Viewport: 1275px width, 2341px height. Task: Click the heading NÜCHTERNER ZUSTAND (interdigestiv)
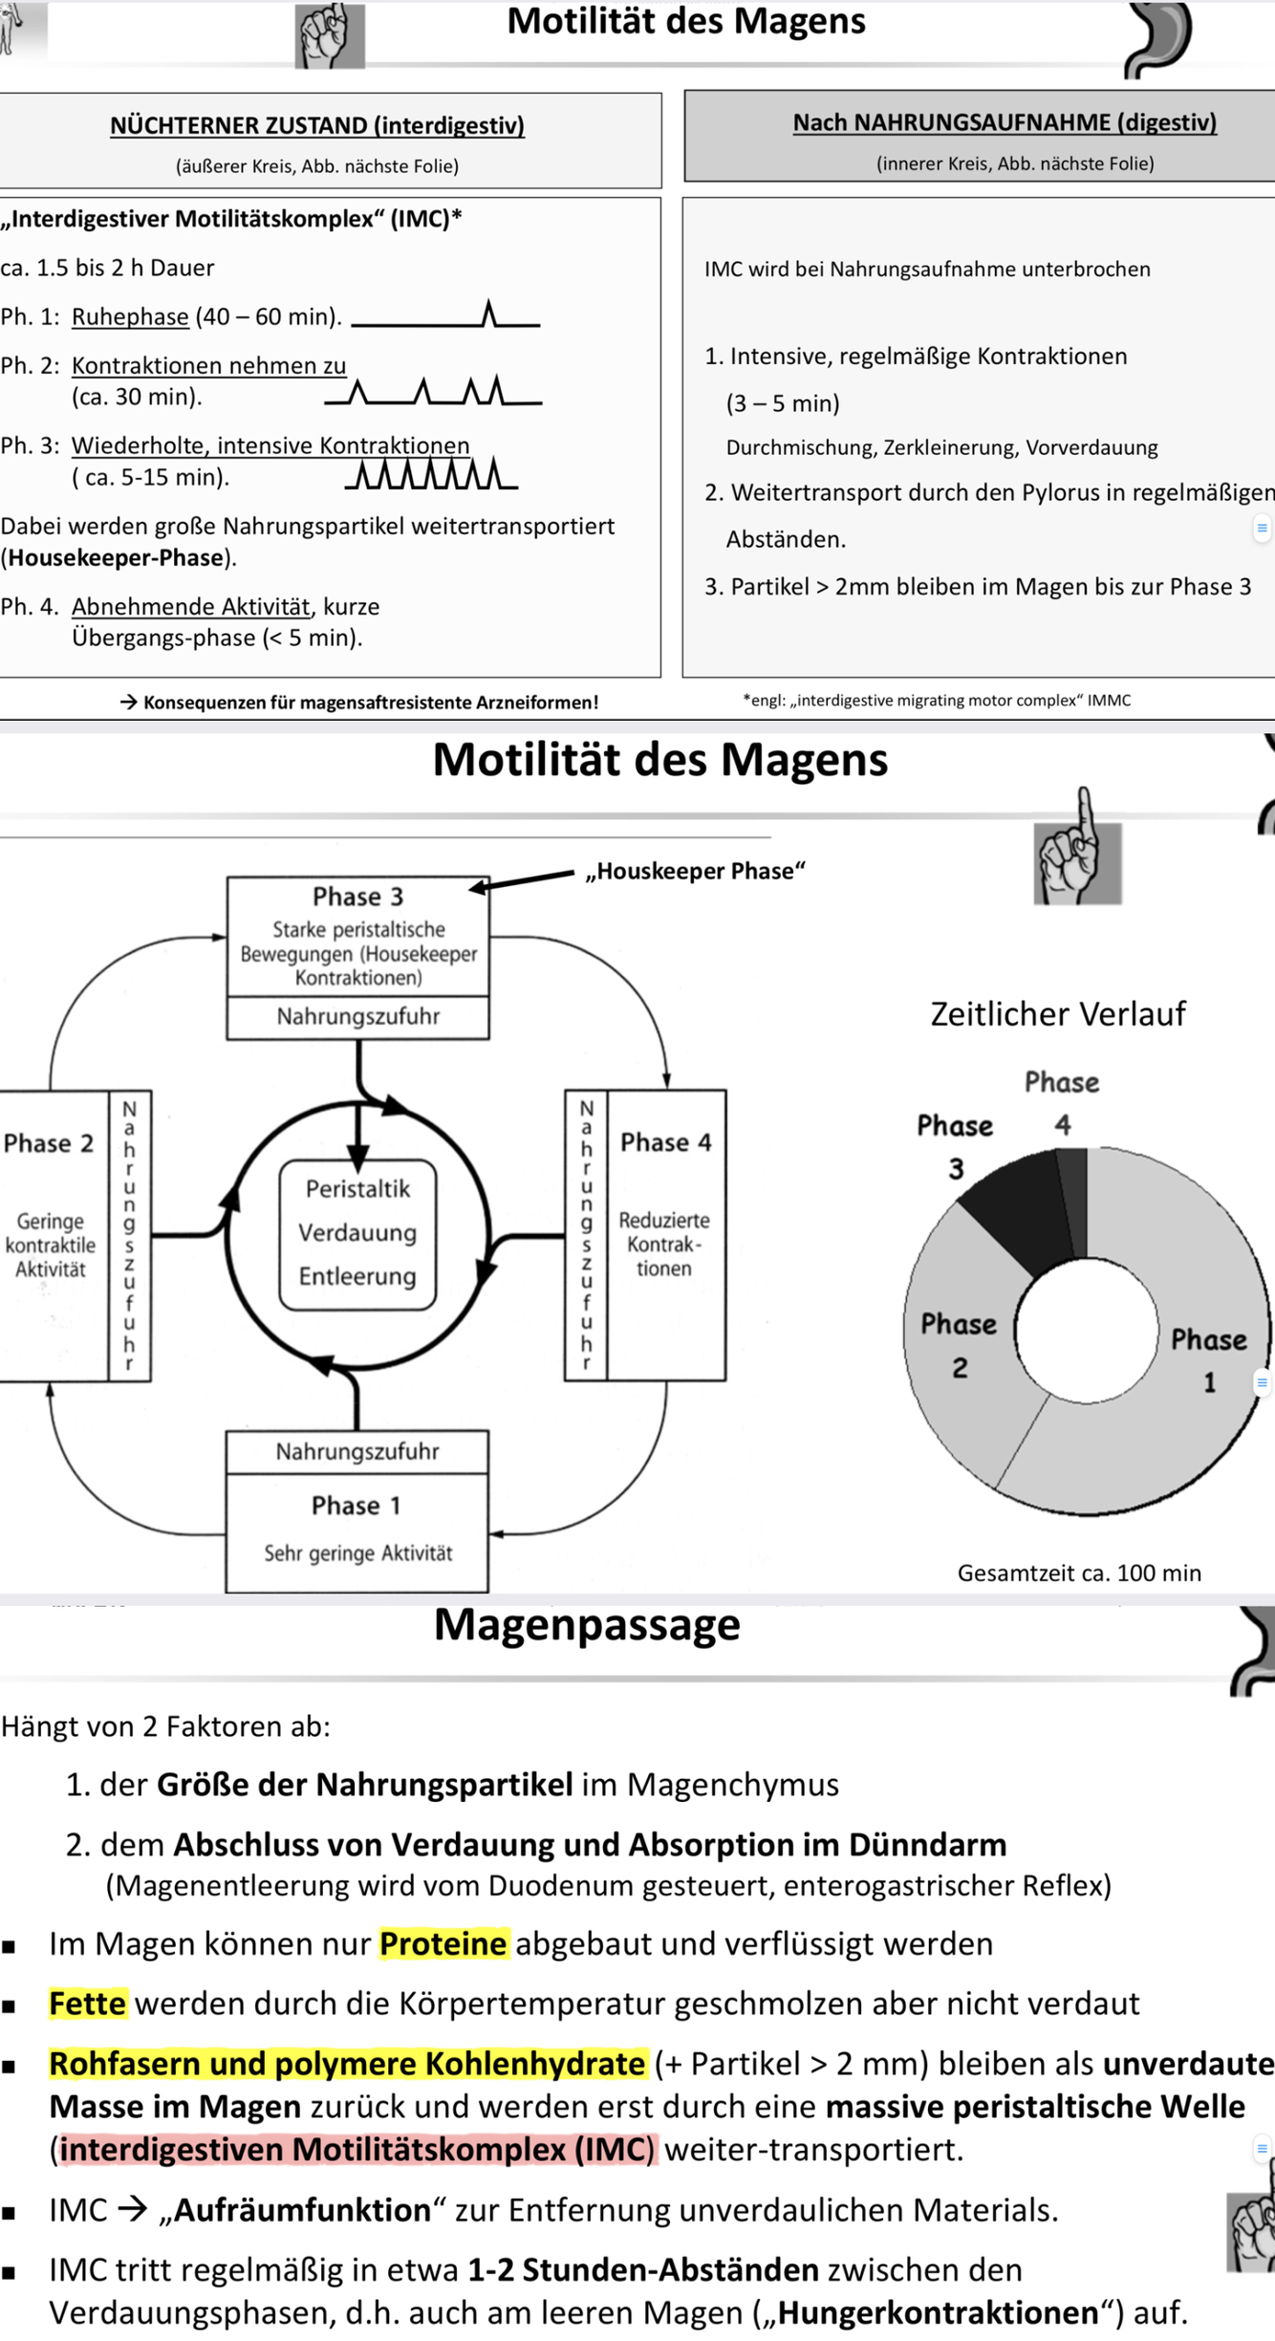click(316, 125)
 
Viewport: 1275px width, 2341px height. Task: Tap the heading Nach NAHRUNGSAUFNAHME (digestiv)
click(1005, 122)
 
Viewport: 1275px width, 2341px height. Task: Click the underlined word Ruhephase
click(130, 316)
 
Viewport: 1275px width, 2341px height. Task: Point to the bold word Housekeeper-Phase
click(117, 557)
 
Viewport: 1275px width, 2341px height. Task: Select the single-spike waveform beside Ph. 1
click(445, 316)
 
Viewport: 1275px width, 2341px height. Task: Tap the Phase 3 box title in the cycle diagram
click(357, 897)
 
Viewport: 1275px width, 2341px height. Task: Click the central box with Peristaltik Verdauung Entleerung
click(357, 1232)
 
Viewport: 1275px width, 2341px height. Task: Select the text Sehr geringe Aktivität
click(357, 1553)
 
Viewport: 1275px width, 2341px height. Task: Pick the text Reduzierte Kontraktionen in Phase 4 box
click(664, 1244)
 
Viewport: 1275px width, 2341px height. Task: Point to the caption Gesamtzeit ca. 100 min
click(1079, 1572)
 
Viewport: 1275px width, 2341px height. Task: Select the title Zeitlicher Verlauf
click(1058, 1013)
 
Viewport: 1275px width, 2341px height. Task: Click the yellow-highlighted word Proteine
click(443, 1944)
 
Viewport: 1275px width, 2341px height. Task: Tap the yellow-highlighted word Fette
click(88, 2004)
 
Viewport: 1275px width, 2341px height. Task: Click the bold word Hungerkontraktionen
click(938, 2312)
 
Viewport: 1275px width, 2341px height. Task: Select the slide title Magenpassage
click(587, 1625)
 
